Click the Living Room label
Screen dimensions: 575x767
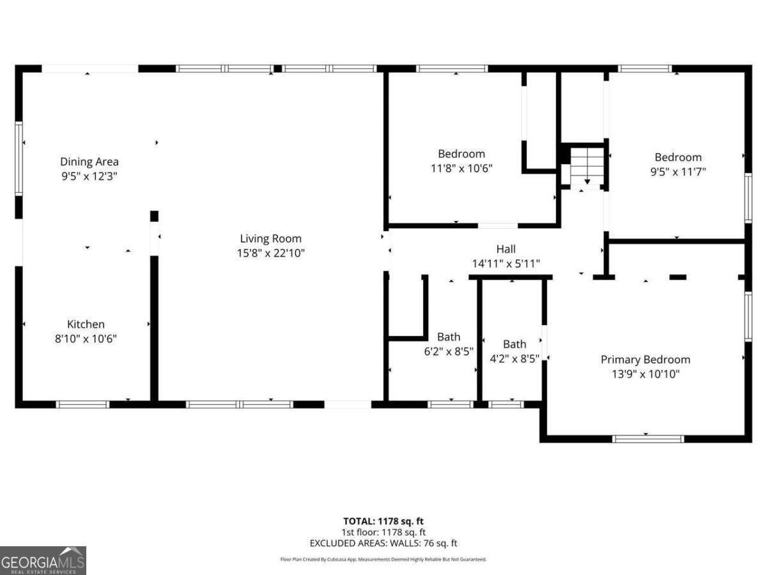coord(270,239)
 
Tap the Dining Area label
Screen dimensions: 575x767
coord(89,162)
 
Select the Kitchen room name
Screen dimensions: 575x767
coord(86,325)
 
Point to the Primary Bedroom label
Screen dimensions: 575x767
coord(645,360)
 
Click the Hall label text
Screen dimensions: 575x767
coord(506,249)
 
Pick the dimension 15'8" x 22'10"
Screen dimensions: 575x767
coord(270,253)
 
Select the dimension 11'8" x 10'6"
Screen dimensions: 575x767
coord(461,168)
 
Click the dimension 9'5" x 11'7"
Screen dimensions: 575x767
coord(678,171)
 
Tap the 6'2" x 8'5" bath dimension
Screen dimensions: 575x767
coord(449,351)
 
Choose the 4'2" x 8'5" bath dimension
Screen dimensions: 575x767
coord(515,358)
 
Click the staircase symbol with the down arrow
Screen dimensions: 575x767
coord(587,166)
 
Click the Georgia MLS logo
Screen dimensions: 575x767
coord(43,560)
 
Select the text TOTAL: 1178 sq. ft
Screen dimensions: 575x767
coord(383,521)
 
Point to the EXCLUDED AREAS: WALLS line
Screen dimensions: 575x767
coord(383,543)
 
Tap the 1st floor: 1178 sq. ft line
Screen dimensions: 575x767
coord(383,532)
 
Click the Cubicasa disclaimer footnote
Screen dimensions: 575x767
coord(383,559)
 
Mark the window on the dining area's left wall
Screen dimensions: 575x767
coord(19,158)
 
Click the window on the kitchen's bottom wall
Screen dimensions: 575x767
coord(83,404)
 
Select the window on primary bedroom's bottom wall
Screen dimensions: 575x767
coord(648,438)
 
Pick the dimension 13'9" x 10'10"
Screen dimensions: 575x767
coord(645,374)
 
